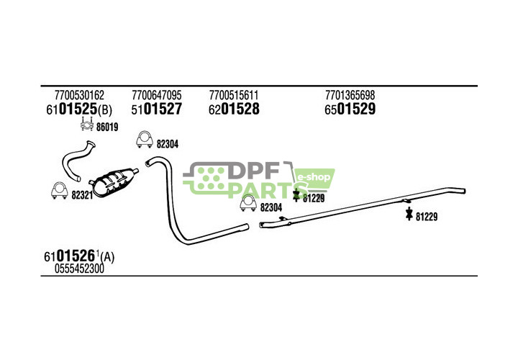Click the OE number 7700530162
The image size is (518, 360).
79,95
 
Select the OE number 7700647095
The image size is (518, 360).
156,95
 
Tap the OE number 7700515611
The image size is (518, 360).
234,95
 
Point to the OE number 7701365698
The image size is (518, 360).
350,95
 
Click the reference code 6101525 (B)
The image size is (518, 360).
78,109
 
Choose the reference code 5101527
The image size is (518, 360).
156,109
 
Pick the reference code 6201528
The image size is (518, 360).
234,109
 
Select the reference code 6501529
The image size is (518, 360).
350,109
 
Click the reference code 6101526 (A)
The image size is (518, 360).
78,256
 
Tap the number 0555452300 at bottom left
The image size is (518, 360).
79,269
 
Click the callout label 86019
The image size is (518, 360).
106,127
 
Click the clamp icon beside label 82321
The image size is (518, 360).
58,191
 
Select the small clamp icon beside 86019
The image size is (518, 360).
86,127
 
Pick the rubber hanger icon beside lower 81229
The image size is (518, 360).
409,215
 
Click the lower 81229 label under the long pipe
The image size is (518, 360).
427,216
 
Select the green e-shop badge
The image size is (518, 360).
314,176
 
